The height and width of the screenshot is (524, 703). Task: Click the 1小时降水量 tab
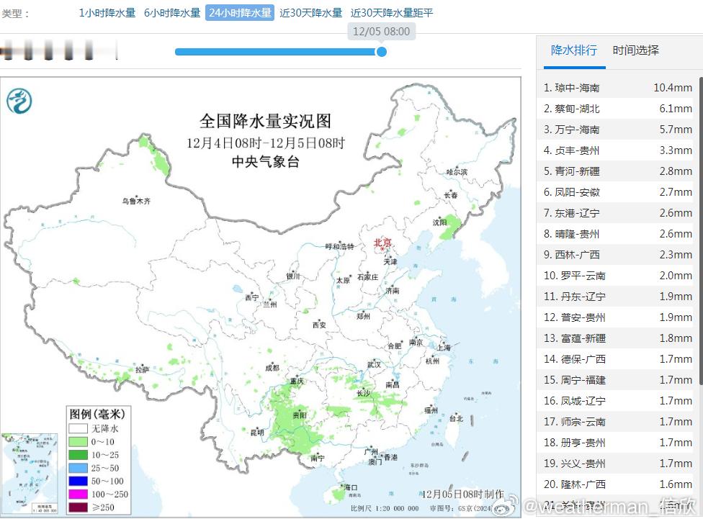tap(107, 13)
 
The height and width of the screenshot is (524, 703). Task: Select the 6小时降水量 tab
tap(172, 13)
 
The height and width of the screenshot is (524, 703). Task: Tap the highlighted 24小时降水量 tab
tap(240, 13)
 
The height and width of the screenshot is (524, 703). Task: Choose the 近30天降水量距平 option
tap(392, 13)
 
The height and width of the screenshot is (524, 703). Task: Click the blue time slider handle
tap(382, 52)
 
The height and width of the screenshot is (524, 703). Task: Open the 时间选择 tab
tap(635, 50)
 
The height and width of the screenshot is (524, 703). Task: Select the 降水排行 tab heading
tap(573, 50)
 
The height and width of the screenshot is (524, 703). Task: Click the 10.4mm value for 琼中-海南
tap(672, 88)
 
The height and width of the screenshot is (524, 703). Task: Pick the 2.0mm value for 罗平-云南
tap(678, 276)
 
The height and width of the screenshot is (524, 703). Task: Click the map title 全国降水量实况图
tap(265, 120)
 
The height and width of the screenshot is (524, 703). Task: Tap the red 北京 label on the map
tap(382, 243)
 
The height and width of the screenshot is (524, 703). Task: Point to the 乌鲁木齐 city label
tap(136, 201)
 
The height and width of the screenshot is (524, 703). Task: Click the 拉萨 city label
tap(142, 370)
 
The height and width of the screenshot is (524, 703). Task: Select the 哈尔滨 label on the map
tap(457, 172)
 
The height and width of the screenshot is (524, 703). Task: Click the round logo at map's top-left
tap(19, 101)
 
